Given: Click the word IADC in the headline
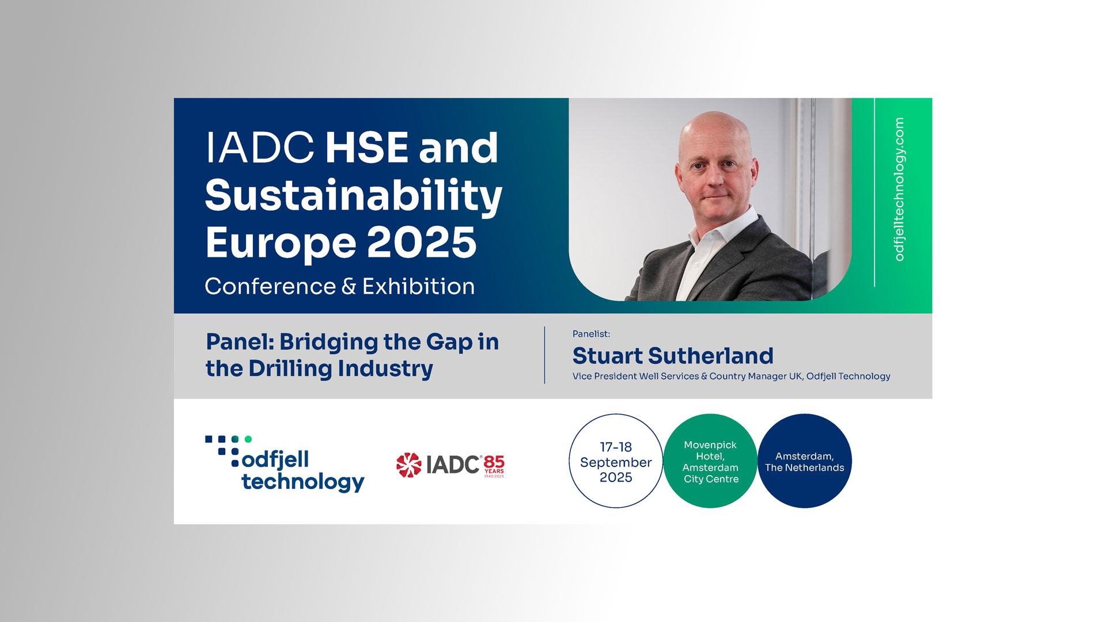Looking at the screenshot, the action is point(260,148).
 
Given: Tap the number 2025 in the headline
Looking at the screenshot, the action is point(422,242).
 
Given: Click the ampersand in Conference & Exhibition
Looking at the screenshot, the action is point(349,287).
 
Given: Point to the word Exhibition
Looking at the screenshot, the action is point(419,286).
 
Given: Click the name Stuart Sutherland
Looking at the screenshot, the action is point(673,356).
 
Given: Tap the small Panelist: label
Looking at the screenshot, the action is point(591,334).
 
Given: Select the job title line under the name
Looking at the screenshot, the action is point(732,376).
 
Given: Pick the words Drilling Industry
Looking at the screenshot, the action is point(341,369).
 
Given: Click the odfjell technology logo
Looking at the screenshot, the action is point(285,464).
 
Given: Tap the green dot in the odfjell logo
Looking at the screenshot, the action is point(248,439).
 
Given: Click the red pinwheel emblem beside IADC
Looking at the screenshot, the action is point(409,465).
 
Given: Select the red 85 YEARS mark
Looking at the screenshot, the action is point(494,466).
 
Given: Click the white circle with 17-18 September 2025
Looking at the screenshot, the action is point(616,461).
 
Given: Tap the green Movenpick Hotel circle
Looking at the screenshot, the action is point(710,461).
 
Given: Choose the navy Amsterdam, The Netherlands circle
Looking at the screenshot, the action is point(805,461).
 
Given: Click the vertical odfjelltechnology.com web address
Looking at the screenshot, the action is point(899,189).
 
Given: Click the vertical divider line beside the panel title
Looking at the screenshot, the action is point(544,355).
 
